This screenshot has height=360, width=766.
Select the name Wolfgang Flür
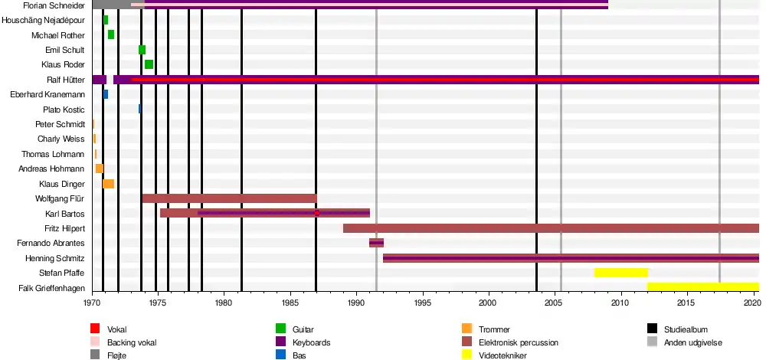point(60,199)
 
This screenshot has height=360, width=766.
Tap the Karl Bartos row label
point(65,214)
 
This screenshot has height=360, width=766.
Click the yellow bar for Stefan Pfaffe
point(620,273)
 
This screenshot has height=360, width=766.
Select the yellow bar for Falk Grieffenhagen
point(702,287)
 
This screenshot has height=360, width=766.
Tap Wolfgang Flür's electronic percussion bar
point(229,198)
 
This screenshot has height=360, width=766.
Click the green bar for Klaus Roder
point(149,64)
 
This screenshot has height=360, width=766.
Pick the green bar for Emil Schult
point(142,50)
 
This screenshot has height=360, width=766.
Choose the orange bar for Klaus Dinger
point(108,184)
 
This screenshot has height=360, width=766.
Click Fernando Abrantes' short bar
point(376,243)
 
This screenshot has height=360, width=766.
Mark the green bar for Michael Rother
point(111,34)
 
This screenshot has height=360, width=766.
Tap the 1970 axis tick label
point(92,302)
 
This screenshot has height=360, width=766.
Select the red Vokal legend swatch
point(95,329)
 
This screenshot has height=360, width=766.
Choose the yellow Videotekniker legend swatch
point(466,355)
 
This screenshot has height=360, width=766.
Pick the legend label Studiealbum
point(686,329)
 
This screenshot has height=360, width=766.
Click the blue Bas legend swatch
point(280,355)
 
